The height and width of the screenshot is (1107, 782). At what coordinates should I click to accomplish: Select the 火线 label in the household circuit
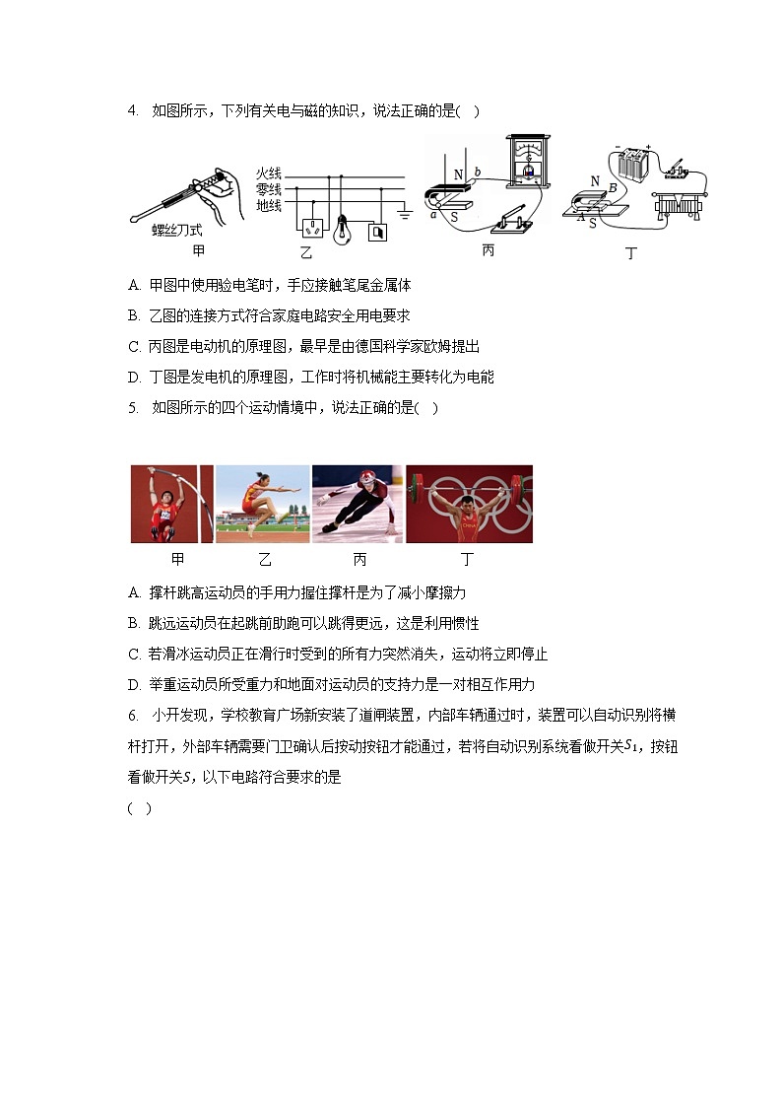(269, 173)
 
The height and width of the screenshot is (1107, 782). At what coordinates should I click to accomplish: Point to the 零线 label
(269, 189)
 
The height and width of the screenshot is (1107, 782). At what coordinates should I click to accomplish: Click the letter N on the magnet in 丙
(458, 176)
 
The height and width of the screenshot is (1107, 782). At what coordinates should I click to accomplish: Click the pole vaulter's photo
(171, 505)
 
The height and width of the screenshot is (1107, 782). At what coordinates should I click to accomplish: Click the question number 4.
(132, 110)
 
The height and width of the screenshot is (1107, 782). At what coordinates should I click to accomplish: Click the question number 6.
(132, 716)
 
